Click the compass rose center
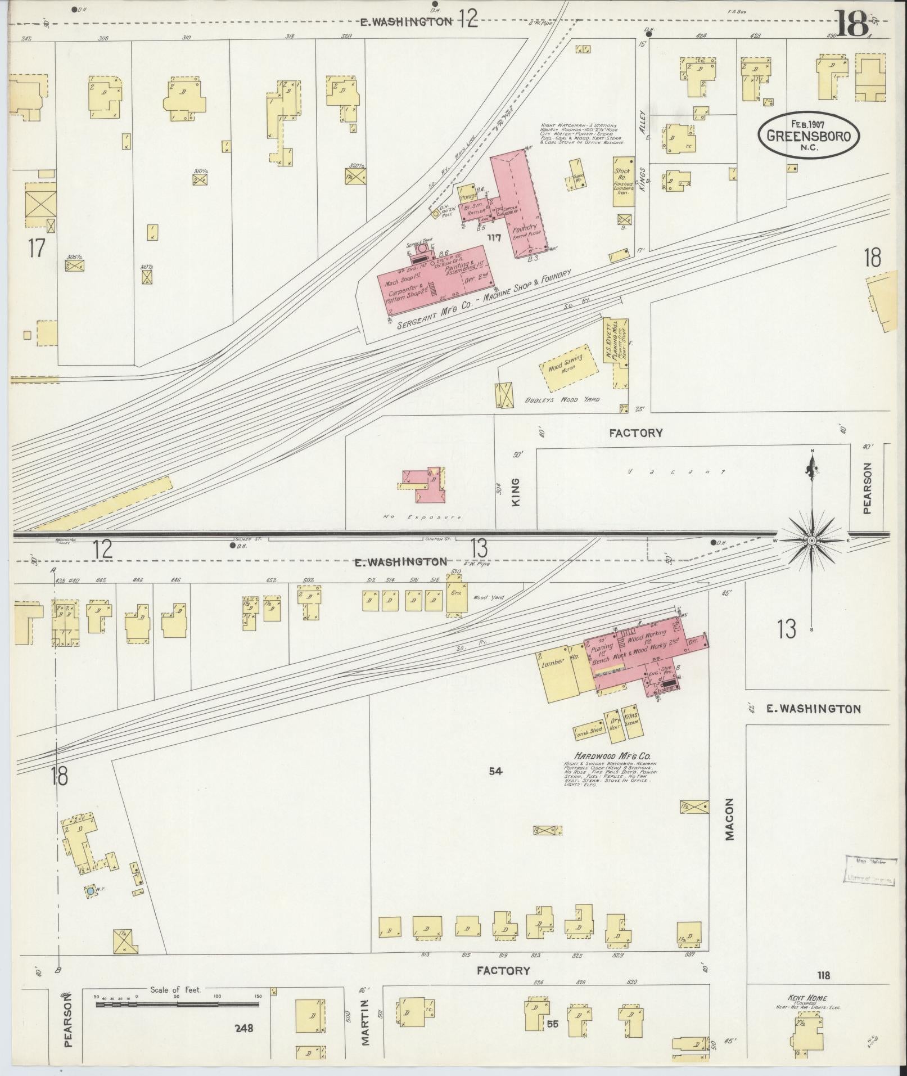click(x=811, y=541)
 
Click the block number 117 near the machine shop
click(x=494, y=238)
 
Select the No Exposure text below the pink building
click(x=422, y=516)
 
